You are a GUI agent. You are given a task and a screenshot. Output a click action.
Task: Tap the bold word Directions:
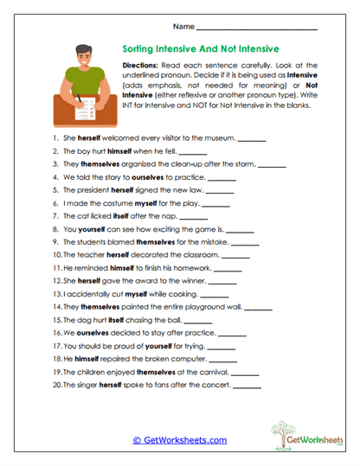coord(145,67)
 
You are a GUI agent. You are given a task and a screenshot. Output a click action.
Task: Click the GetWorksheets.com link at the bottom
coord(180,440)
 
